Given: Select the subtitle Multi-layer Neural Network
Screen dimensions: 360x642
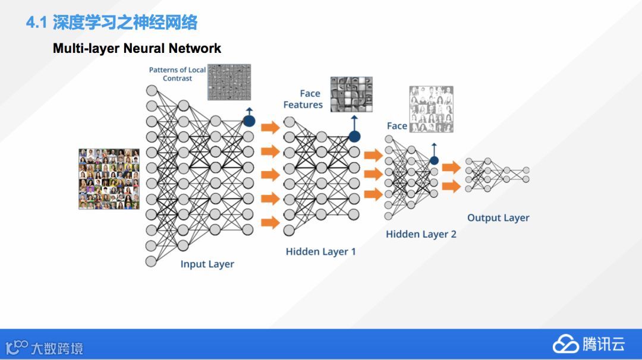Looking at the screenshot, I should pyautogui.click(x=137, y=49).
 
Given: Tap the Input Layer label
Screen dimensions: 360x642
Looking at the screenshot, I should pyautogui.click(x=207, y=264).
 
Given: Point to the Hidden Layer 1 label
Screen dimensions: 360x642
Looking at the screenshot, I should pyautogui.click(x=320, y=251).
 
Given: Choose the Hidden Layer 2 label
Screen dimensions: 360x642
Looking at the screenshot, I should pyautogui.click(x=421, y=234).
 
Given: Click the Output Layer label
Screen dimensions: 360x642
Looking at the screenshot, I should pyautogui.click(x=498, y=218).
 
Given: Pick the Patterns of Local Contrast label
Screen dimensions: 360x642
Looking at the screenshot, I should pyautogui.click(x=177, y=74).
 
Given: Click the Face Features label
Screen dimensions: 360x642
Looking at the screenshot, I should pyautogui.click(x=303, y=99).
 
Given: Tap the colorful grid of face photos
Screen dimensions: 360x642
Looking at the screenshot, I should pyautogui.click(x=109, y=179).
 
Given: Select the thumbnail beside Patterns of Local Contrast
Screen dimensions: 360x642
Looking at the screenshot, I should pyautogui.click(x=228, y=82).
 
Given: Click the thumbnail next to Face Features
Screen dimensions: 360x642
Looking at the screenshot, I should pyautogui.click(x=351, y=94).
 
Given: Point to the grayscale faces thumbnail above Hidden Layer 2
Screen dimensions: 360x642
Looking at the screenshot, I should pyautogui.click(x=431, y=110).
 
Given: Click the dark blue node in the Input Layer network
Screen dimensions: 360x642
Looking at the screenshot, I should pyautogui.click(x=248, y=121).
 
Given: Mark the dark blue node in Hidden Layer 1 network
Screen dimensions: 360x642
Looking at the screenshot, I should pyautogui.click(x=354, y=136).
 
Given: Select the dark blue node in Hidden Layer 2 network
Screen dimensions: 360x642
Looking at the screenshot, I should pyautogui.click(x=434, y=160).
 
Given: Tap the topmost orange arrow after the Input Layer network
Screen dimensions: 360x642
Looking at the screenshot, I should pyautogui.click(x=270, y=127).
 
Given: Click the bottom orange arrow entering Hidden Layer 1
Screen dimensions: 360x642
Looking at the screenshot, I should pyautogui.click(x=270, y=222).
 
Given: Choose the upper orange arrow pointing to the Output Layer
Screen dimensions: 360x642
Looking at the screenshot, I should pyautogui.click(x=452, y=168).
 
